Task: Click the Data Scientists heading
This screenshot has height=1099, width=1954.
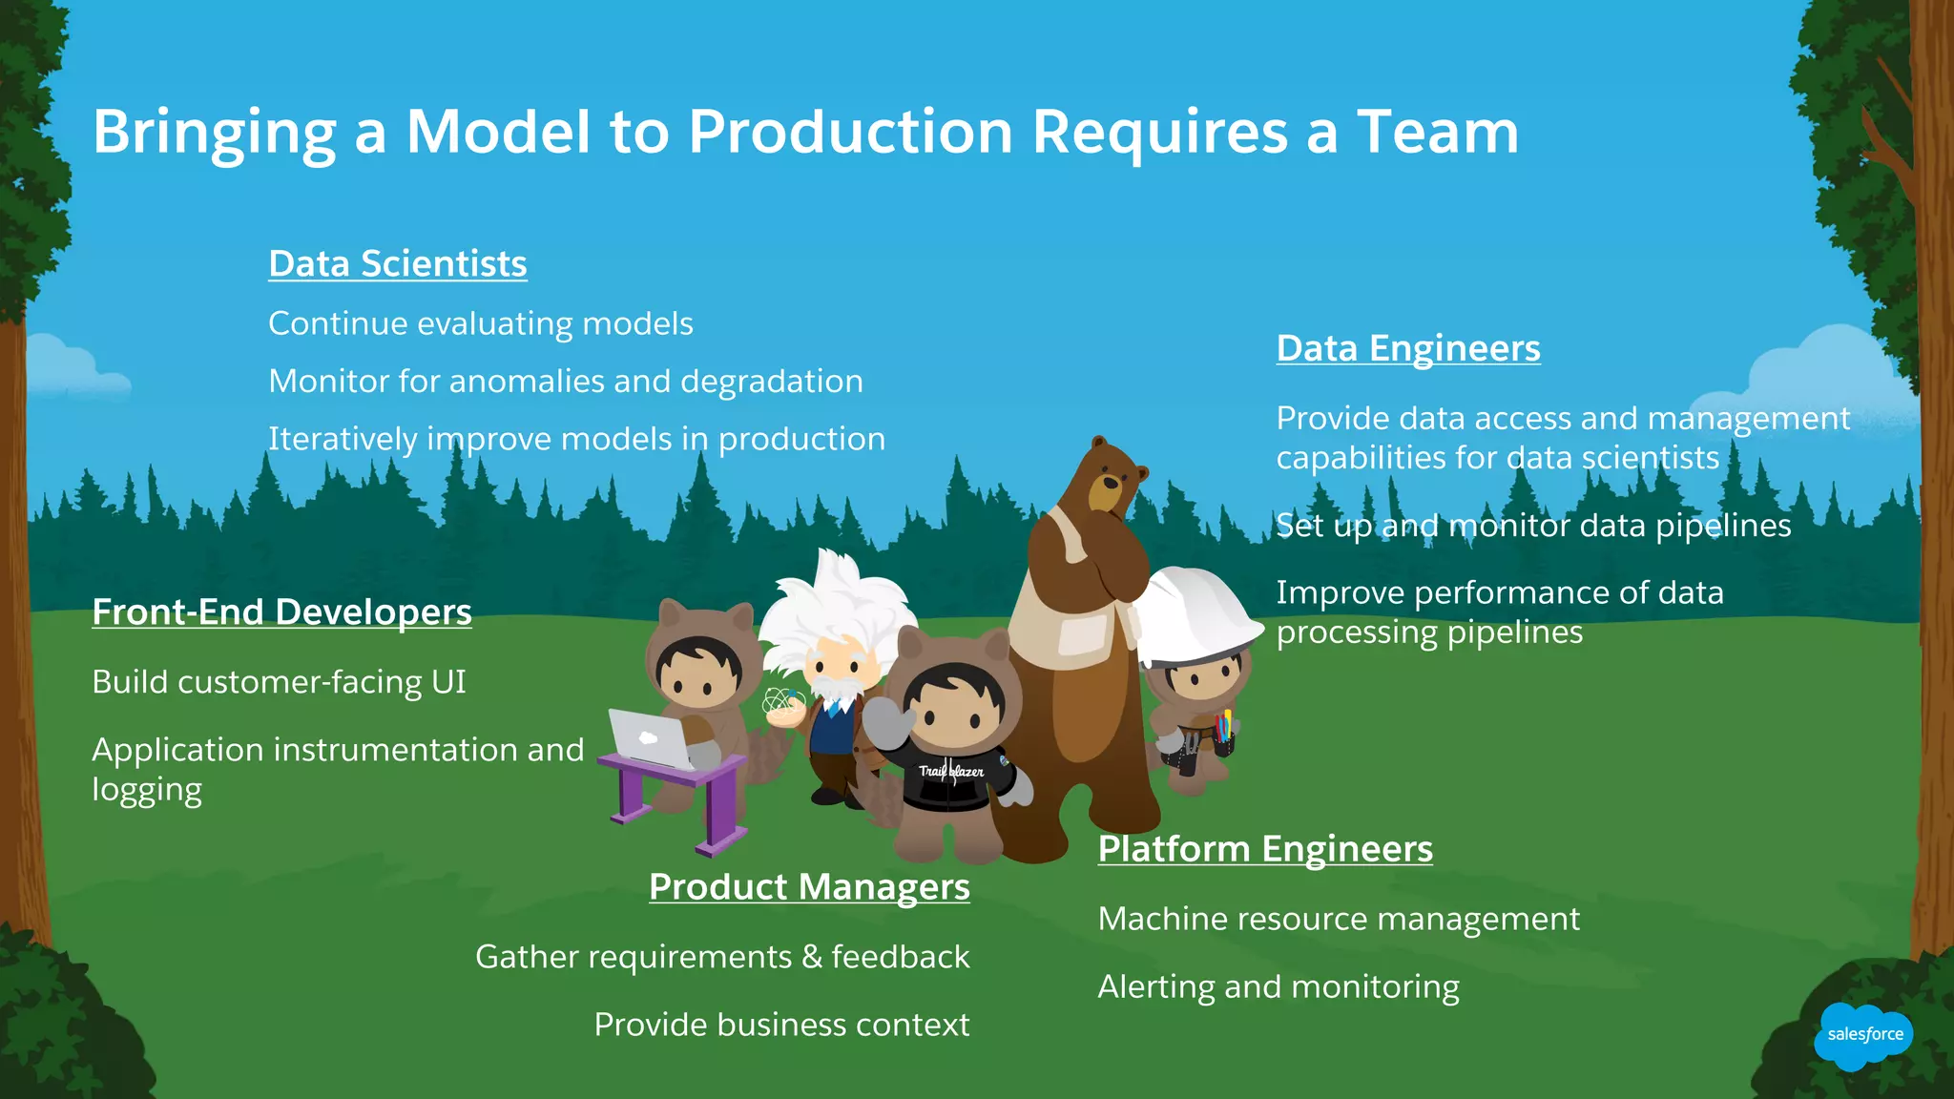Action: [x=397, y=264]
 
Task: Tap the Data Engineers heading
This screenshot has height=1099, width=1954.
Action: [x=1407, y=348]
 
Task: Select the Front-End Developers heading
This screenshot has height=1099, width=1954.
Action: [x=281, y=612]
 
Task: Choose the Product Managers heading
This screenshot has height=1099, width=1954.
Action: [x=809, y=887]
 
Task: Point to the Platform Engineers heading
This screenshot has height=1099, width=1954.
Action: [x=1264, y=849]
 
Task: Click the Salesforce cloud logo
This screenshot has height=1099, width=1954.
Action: [x=1863, y=1035]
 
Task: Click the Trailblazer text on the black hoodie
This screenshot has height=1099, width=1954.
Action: [x=951, y=771]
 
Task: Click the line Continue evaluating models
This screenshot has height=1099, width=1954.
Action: [x=480, y=324]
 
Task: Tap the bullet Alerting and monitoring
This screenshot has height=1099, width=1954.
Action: [x=1278, y=987]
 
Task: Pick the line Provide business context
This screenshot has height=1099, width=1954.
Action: [x=780, y=1025]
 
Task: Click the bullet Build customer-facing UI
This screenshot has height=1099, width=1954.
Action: [x=279, y=682]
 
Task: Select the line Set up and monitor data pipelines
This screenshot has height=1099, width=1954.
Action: [x=1533, y=526]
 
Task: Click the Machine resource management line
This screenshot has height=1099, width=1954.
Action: [x=1338, y=920]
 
